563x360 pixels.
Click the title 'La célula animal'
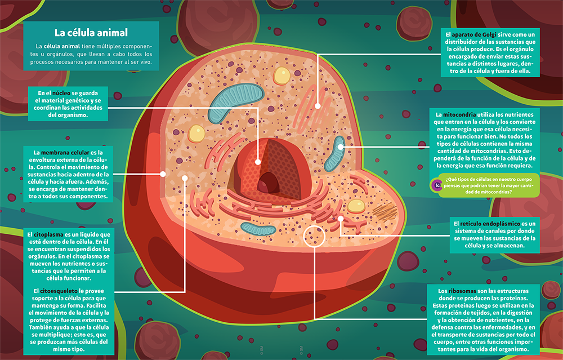pos(91,33)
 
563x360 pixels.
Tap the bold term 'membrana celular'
pos(65,152)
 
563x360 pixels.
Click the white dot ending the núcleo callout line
pos(258,162)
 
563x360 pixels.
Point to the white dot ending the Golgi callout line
pos(318,106)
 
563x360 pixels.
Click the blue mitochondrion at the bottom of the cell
pos(258,228)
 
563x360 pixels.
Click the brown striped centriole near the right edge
pos(385,211)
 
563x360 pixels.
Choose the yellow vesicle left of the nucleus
pos(196,133)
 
